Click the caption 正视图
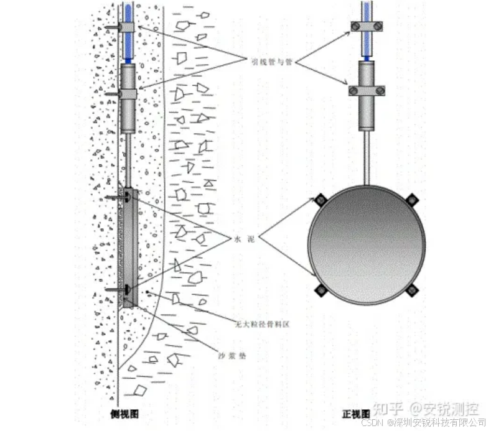click(x=357, y=413)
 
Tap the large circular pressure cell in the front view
click(x=367, y=243)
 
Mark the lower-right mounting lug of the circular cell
click(x=412, y=288)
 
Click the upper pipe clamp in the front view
click(x=367, y=27)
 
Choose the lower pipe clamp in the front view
click(x=367, y=91)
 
